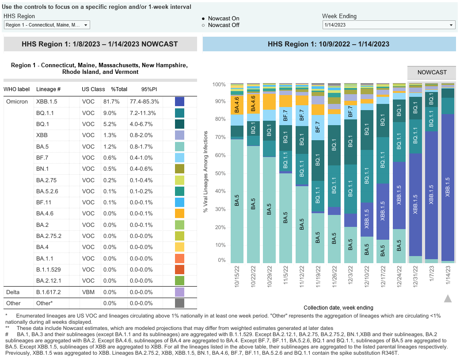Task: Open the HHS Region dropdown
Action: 47,25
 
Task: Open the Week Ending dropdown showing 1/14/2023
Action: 389,25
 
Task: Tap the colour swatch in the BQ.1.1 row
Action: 179,113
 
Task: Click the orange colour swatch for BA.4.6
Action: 179,214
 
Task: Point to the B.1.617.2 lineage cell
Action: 48,292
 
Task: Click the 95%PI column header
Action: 149,89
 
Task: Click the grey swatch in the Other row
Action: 179,303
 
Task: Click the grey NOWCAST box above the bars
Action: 432,72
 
